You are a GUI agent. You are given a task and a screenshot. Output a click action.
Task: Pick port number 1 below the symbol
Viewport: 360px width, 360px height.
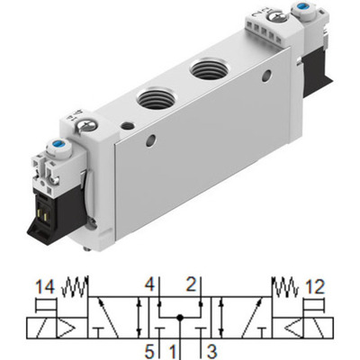[x=176, y=346]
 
